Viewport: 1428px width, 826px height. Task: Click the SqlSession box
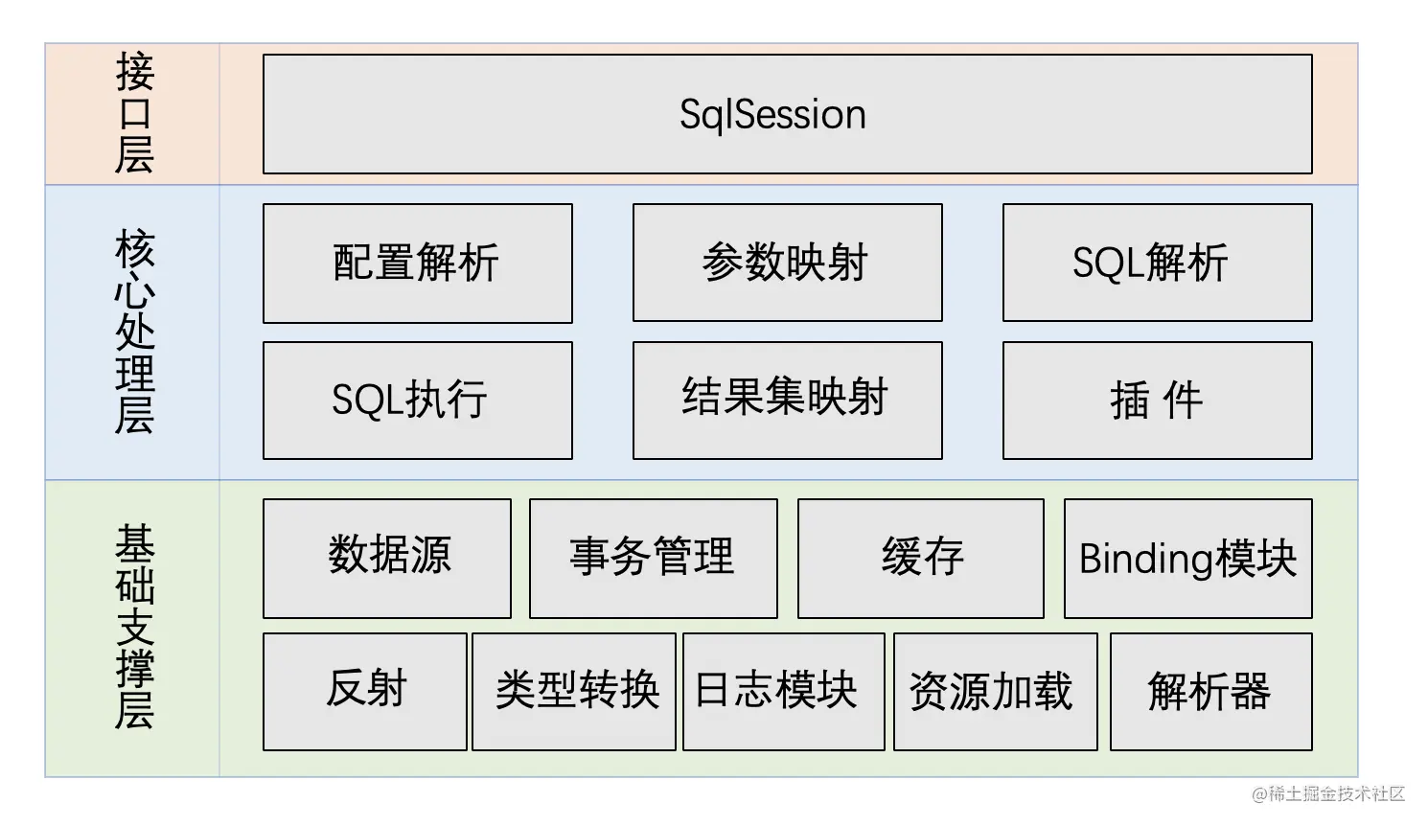[787, 114]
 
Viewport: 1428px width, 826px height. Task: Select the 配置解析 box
[417, 264]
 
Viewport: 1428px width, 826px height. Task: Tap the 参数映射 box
[787, 263]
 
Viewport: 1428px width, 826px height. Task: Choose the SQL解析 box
[1157, 263]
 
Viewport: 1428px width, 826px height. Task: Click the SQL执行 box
[417, 401]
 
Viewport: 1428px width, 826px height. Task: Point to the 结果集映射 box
[787, 401]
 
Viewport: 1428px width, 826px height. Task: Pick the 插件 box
[1157, 401]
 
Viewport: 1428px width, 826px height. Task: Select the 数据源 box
[387, 559]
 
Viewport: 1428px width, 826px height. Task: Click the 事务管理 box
[653, 559]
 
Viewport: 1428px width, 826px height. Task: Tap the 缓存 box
[920, 559]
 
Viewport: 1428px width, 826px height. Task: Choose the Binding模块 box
[1187, 559]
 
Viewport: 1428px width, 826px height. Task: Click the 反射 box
[364, 691]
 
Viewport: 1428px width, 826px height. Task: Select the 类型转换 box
[573, 691]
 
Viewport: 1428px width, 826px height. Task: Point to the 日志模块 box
[783, 691]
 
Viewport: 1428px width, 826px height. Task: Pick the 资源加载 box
[995, 691]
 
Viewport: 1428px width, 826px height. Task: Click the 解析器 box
[1210, 691]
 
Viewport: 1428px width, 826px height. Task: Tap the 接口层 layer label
[134, 114]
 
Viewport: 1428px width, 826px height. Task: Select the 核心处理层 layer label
[134, 332]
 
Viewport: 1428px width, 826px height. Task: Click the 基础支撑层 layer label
[134, 628]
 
